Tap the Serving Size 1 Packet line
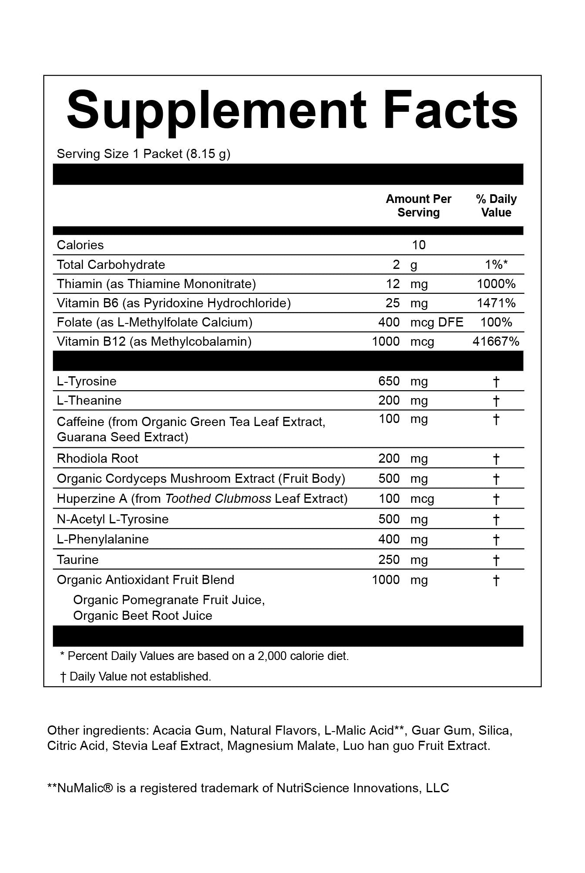pyautogui.click(x=143, y=154)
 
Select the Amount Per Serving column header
pyautogui.click(x=418, y=206)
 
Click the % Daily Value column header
pyautogui.click(x=496, y=206)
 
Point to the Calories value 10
pyautogui.click(x=419, y=245)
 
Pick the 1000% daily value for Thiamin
pyautogui.click(x=496, y=284)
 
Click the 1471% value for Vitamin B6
pyautogui.click(x=496, y=303)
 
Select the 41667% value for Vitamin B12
pyautogui.click(x=496, y=341)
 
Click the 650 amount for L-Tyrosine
pyautogui.click(x=389, y=381)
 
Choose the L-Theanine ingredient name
pyautogui.click(x=89, y=400)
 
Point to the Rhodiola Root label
pyautogui.click(x=97, y=458)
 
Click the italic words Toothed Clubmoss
pyautogui.click(x=218, y=498)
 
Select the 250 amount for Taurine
pyautogui.click(x=389, y=560)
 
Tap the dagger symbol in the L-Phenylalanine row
pyautogui.click(x=496, y=540)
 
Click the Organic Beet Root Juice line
pyautogui.click(x=142, y=615)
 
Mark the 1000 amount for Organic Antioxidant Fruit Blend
pyautogui.click(x=385, y=580)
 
